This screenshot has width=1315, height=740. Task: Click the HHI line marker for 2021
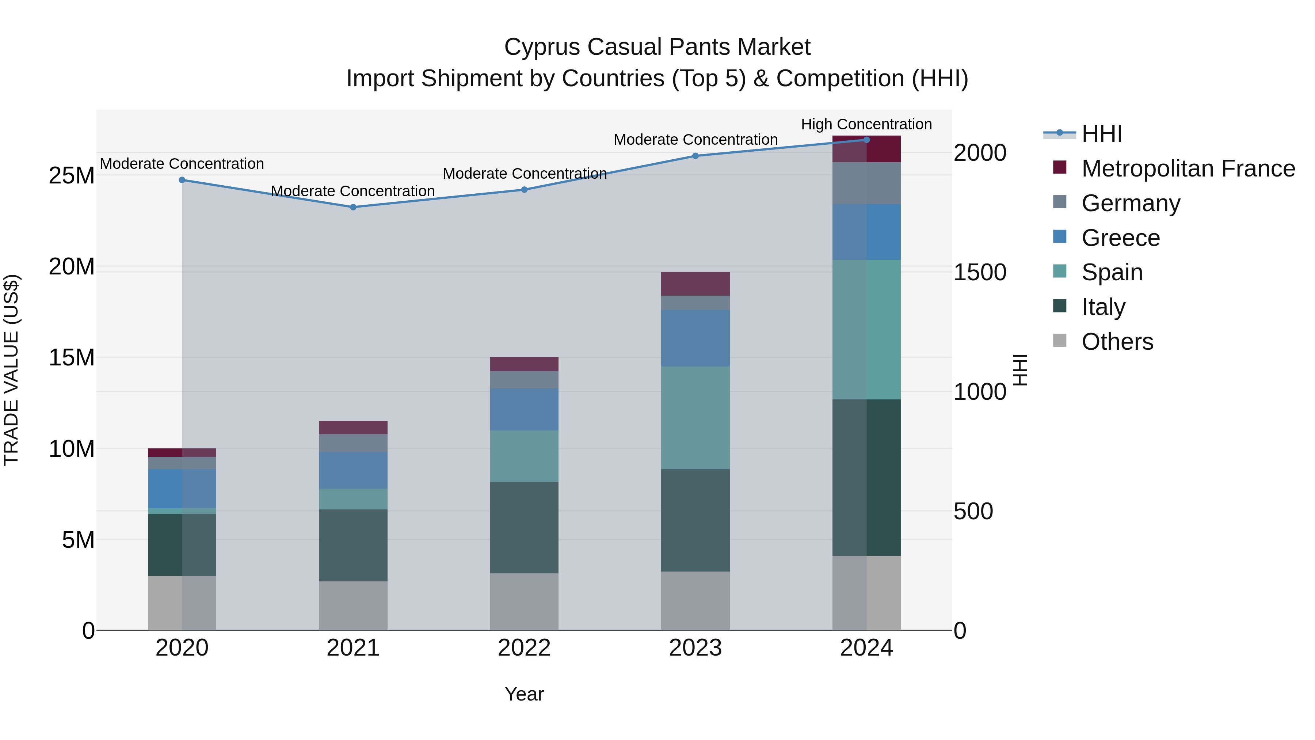(353, 207)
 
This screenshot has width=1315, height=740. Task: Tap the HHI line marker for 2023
(695, 156)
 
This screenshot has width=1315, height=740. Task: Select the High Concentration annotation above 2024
(866, 124)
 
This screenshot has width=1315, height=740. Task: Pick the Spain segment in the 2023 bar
(695, 417)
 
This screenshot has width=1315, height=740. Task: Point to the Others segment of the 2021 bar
(353, 605)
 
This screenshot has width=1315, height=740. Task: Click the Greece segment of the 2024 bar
(866, 232)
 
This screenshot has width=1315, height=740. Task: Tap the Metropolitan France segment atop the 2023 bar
(695, 284)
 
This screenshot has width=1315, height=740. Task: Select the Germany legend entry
(1131, 203)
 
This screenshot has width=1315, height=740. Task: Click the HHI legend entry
(1102, 134)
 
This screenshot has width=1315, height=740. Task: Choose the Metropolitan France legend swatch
(1060, 167)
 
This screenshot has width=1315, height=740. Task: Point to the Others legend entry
(1117, 341)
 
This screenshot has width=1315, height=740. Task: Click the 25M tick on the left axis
(72, 176)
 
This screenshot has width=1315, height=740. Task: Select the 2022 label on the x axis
(524, 648)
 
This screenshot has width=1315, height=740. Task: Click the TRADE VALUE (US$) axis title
(11, 370)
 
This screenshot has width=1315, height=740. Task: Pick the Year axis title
(524, 694)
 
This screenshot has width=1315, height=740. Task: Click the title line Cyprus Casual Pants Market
(657, 47)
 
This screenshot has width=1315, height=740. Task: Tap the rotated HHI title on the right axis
(1019, 370)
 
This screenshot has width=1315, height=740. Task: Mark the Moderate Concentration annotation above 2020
(182, 164)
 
